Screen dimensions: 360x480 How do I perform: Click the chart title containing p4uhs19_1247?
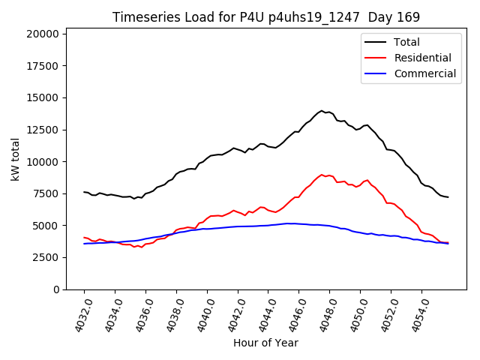coord(265,16)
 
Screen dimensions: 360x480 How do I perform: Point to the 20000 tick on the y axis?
coord(43,34)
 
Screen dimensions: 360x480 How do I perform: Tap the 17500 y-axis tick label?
coord(43,66)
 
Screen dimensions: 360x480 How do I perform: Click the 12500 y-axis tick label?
coord(43,130)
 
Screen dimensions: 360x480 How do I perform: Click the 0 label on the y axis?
coord(56,289)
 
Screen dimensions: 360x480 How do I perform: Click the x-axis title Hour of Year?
coord(265,343)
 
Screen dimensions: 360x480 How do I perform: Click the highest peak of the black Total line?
coord(322,111)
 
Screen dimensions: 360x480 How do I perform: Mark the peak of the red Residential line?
coord(322,175)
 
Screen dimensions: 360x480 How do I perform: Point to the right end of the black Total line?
coord(448,197)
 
